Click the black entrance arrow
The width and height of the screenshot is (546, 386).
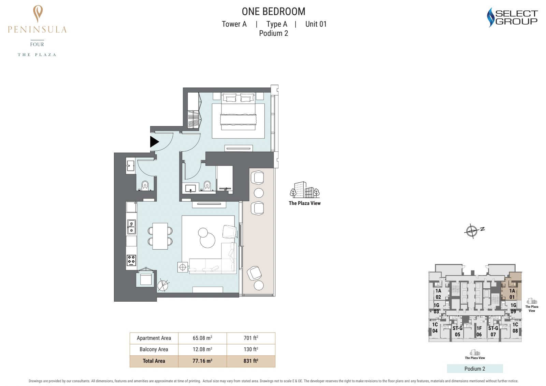click(154, 142)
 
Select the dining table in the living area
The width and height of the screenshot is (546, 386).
click(160, 236)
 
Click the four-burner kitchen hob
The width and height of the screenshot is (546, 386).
click(131, 260)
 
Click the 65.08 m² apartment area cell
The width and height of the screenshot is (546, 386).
click(202, 338)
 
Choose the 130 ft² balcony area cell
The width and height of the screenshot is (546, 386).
click(251, 349)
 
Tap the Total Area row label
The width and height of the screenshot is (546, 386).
click(154, 361)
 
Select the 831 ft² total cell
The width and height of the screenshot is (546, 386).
click(251, 361)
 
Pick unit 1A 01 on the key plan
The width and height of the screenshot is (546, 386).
click(512, 294)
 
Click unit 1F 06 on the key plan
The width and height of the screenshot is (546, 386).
click(479, 331)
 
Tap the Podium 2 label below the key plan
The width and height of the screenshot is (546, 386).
click(475, 369)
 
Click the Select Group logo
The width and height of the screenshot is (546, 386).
click(512, 17)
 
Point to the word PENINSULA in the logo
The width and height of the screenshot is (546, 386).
click(37, 30)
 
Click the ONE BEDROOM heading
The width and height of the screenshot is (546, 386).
click(273, 12)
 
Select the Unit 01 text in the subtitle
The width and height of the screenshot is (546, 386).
click(316, 24)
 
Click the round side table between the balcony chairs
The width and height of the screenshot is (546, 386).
click(259, 193)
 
